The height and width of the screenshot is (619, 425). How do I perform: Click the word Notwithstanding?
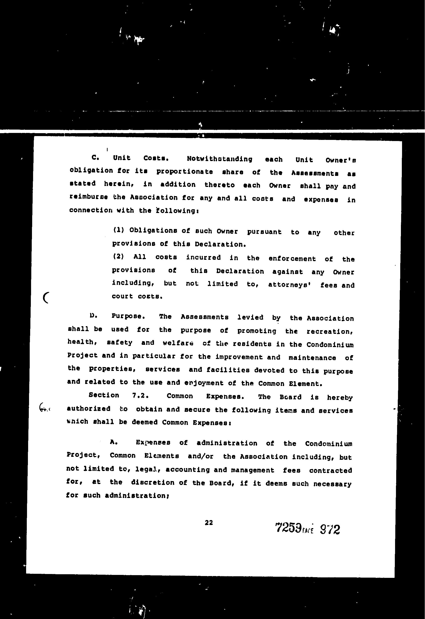click(219, 159)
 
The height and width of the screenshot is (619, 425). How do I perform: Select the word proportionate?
click(185, 172)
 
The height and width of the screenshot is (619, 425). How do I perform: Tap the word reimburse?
click(88, 197)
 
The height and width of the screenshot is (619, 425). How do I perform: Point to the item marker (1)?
click(118, 230)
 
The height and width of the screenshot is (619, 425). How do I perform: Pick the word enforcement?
click(292, 259)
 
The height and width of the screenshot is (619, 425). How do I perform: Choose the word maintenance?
click(312, 358)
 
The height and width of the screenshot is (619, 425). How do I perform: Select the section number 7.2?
click(140, 395)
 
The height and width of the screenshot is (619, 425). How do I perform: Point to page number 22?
click(209, 523)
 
